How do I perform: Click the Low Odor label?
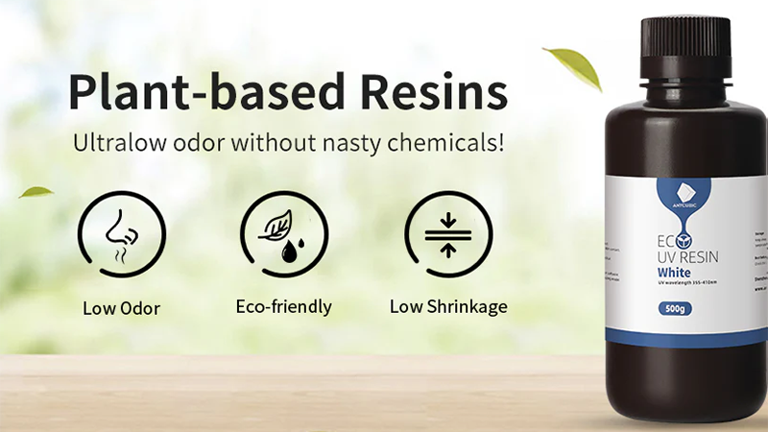(121, 307)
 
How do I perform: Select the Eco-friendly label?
(283, 307)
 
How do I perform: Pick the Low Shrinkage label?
(448, 307)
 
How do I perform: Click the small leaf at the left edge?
(36, 191)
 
